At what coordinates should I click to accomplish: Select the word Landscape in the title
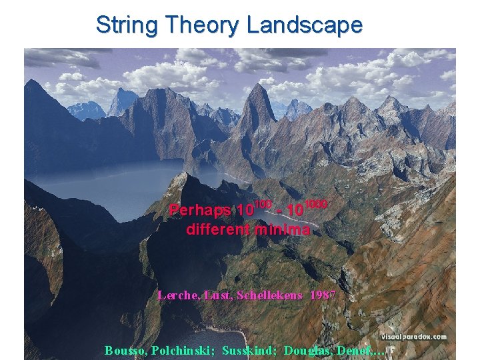coord(305,25)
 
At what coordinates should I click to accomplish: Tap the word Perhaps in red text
coord(200,211)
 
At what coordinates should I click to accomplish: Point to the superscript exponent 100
coord(263,203)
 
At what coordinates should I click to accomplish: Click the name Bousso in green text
coord(125,350)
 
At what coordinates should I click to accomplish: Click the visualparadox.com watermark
coord(414,337)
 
